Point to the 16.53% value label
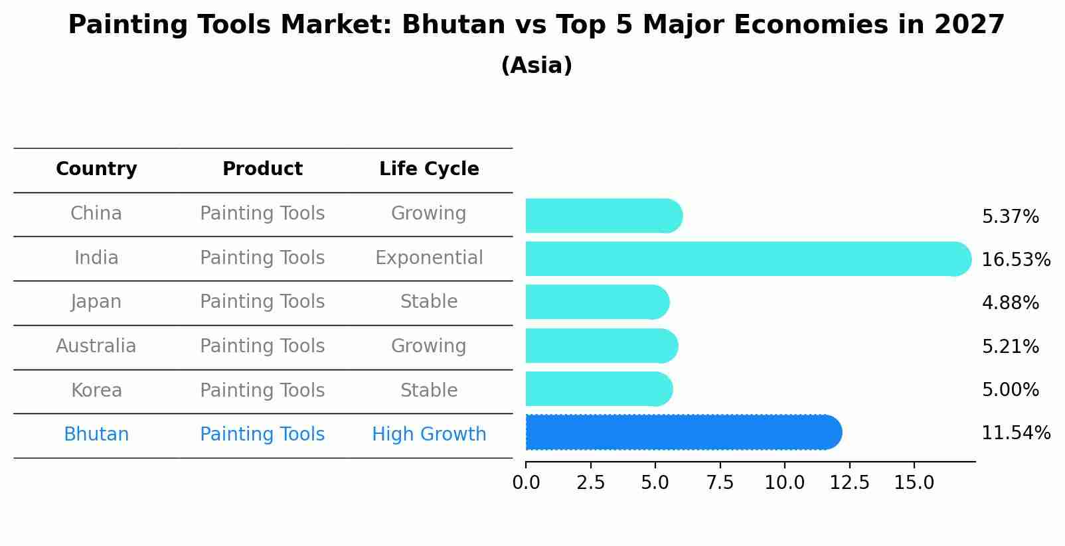click(1015, 260)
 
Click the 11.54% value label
click(1015, 434)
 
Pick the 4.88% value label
click(1010, 303)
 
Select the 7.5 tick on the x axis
click(720, 483)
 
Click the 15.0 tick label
click(914, 483)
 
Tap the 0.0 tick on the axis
click(526, 483)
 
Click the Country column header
click(96, 169)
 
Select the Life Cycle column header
click(429, 169)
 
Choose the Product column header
click(262, 169)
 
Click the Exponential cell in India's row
click(429, 258)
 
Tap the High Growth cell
click(429, 435)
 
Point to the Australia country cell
click(96, 346)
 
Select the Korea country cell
click(96, 391)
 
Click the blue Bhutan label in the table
click(96, 435)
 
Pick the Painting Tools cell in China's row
click(262, 214)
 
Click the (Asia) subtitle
click(536, 66)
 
